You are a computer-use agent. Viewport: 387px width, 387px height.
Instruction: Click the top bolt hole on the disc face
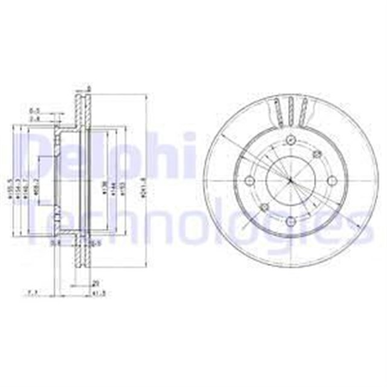(x=290, y=141)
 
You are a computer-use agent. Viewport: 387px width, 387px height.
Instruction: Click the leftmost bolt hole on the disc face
(x=250, y=181)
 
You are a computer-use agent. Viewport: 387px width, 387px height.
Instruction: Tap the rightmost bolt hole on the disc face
(x=331, y=181)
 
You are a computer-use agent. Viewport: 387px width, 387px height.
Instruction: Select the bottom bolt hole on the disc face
(x=290, y=221)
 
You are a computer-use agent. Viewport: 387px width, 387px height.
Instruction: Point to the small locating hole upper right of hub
(x=316, y=155)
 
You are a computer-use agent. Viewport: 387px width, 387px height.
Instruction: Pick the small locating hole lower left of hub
(x=265, y=207)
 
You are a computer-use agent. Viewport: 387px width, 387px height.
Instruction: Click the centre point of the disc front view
(x=290, y=181)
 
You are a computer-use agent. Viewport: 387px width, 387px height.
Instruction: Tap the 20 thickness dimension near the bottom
(x=95, y=282)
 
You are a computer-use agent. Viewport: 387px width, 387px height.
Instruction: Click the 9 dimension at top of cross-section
(x=89, y=89)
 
